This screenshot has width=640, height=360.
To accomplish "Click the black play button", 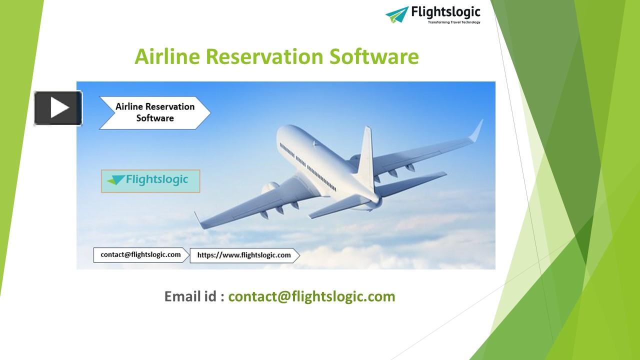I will click(x=58, y=108).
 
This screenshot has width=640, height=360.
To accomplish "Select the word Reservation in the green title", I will click(x=264, y=56).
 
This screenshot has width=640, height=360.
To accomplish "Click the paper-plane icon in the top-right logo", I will click(x=397, y=14).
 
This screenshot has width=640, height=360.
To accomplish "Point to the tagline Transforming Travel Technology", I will click(x=453, y=22).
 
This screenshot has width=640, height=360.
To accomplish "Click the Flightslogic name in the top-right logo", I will click(x=445, y=11).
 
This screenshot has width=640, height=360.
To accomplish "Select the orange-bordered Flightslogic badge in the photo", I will click(x=150, y=181).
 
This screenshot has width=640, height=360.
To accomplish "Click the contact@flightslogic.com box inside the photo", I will click(x=140, y=255).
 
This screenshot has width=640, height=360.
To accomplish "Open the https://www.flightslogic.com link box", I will click(x=244, y=255).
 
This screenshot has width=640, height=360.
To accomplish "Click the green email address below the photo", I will click(x=311, y=296).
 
